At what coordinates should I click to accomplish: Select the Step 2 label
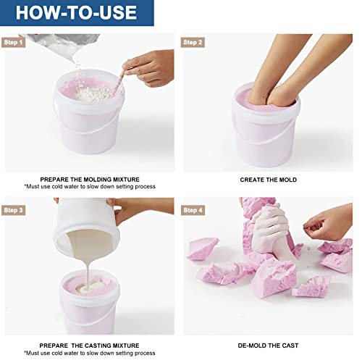click(193, 42)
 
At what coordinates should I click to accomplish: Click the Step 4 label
click(193, 210)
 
